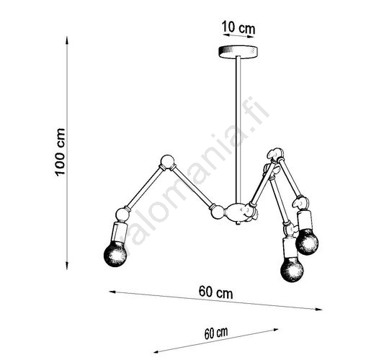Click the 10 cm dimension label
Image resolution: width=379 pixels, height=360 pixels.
click(238, 27)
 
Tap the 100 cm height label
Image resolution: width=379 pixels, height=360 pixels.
click(60, 152)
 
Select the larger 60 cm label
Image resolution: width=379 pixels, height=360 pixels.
click(215, 292)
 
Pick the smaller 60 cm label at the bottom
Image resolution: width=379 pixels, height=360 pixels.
click(216, 333)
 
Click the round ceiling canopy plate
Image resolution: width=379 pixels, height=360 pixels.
click(238, 51)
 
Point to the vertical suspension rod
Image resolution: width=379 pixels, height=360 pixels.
click(238, 130)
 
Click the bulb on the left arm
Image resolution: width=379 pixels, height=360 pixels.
click(115, 254)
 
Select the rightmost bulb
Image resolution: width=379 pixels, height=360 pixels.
click(307, 242)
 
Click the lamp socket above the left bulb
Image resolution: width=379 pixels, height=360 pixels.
click(119, 233)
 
